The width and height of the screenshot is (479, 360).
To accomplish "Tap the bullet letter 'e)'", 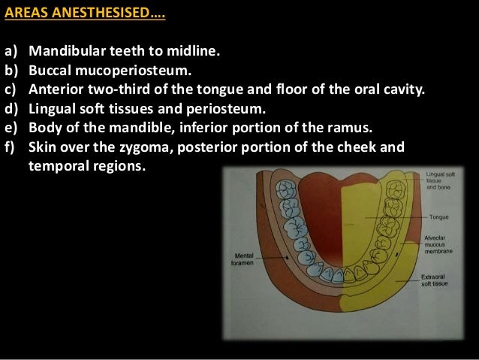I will tap(12, 128).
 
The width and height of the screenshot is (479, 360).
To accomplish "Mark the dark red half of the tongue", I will tap(319, 218).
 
